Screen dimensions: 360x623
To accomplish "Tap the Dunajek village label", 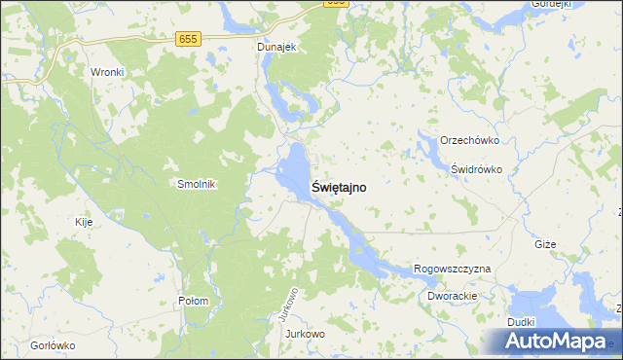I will point(276,46).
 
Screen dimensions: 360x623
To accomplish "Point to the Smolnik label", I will point(196,184).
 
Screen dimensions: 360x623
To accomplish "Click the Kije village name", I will point(84,222).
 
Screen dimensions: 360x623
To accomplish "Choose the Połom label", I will point(193,301).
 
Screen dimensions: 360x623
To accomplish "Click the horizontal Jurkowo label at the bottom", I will point(305,334).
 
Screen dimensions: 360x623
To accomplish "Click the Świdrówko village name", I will point(476,168).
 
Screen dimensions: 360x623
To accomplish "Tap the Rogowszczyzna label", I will point(453,269).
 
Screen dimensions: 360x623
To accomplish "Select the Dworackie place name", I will point(451,295).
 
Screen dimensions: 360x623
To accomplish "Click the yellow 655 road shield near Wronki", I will point(189,39).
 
